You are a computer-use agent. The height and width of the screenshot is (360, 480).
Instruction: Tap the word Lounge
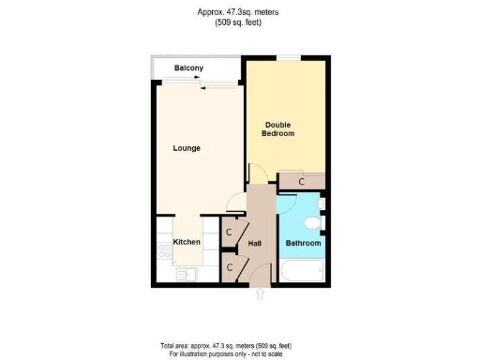(187, 148)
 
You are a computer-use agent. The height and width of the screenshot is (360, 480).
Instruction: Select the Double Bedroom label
(279, 129)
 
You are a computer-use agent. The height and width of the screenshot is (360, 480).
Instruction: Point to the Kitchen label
(187, 242)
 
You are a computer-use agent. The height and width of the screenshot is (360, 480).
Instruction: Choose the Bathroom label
(303, 244)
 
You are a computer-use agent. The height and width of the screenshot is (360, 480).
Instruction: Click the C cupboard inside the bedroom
(301, 181)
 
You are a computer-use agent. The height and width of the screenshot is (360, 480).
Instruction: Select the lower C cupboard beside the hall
(230, 267)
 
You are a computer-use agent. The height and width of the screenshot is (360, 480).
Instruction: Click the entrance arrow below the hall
(260, 294)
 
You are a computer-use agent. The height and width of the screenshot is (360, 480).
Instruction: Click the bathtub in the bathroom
(302, 272)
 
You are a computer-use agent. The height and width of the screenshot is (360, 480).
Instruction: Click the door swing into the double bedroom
(257, 174)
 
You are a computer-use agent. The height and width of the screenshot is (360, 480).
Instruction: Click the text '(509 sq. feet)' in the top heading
(240, 22)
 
